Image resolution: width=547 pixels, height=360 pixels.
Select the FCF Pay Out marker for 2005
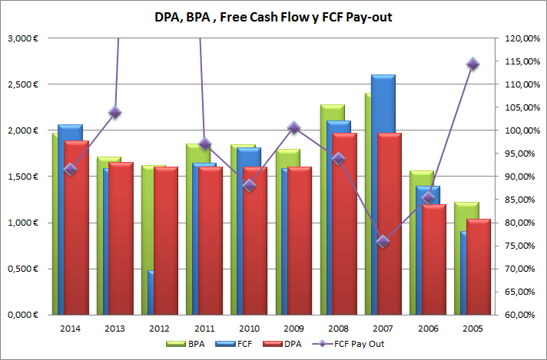[472, 64]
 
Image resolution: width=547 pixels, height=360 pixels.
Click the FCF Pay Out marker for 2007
[383, 242]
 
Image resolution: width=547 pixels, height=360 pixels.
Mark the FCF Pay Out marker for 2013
[115, 113]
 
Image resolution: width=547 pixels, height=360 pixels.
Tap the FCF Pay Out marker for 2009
[293, 127]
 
